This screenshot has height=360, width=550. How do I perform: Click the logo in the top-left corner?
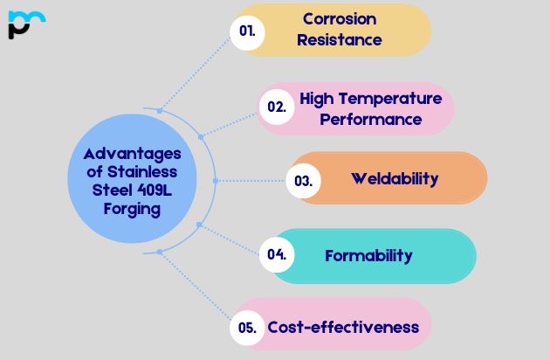[x=25, y=24]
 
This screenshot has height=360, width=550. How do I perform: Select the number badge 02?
[x=277, y=107]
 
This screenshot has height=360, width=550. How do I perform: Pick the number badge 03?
[x=304, y=181]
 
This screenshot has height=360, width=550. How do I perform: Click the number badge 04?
[x=277, y=255]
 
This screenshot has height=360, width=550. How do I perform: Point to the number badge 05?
[x=247, y=328]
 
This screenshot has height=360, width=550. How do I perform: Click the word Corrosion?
[x=340, y=18]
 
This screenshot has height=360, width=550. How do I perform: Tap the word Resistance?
[x=340, y=39]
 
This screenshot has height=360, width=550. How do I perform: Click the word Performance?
[x=370, y=119]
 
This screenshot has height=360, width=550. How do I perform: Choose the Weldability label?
[x=395, y=179]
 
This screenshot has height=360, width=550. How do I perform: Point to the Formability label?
[x=368, y=256]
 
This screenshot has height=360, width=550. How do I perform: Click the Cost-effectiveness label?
[x=343, y=328]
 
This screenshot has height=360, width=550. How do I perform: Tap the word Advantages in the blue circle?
[x=127, y=154]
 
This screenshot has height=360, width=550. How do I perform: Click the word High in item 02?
[x=317, y=98]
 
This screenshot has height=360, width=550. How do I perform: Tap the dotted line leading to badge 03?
[x=253, y=181]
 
